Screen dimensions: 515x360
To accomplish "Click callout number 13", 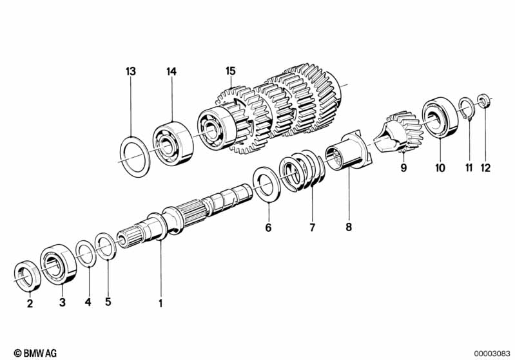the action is pos(131,71).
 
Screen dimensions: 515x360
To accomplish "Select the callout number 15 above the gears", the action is pos(231,71).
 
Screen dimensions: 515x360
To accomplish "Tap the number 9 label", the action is pos(403,167).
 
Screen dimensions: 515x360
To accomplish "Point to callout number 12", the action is pos(485,168).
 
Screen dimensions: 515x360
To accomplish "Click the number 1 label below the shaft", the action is pos(160,303).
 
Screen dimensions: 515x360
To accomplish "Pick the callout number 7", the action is pos(312,227).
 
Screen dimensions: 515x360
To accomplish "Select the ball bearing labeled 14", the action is pos(173,144).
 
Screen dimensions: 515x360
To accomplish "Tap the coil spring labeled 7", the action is pos(302,170).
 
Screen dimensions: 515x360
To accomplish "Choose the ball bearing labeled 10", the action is pos(440,117).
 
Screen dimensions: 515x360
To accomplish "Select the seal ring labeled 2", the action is pos(28,276).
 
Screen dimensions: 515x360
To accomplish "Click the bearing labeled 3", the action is pos(59,264).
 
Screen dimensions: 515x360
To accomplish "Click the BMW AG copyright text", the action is pos(35,353).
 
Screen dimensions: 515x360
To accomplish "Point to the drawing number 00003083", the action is pos(492,354).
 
